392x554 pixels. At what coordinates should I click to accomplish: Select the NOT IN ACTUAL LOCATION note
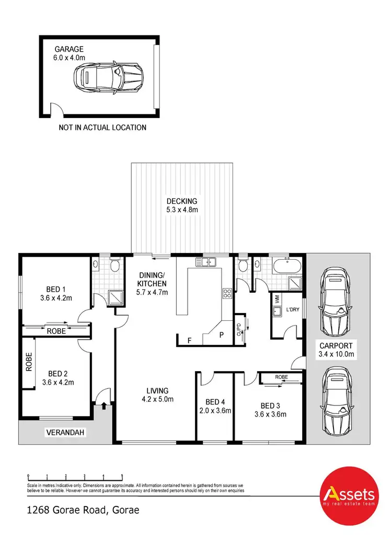[x=102, y=127]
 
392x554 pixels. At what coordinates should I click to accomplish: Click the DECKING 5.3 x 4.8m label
[x=182, y=205]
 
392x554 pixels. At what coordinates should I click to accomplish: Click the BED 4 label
[x=214, y=406]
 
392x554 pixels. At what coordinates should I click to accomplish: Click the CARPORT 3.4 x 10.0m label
[x=337, y=350]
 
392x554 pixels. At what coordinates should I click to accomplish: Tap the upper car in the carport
[x=336, y=302]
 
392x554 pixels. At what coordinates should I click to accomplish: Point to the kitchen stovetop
[x=228, y=294]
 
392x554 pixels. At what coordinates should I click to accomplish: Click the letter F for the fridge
[x=189, y=340]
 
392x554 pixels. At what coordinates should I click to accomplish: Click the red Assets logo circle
[x=349, y=495]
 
